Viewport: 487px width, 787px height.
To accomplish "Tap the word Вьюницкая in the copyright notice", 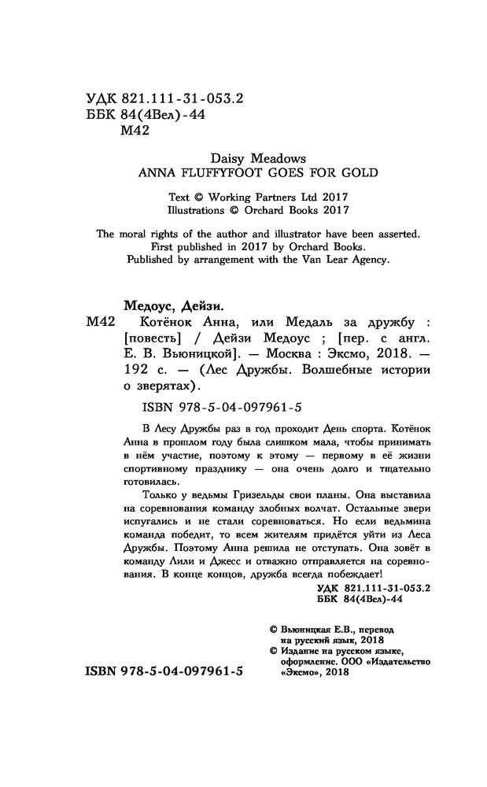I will pyautogui.click(x=313, y=630).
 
